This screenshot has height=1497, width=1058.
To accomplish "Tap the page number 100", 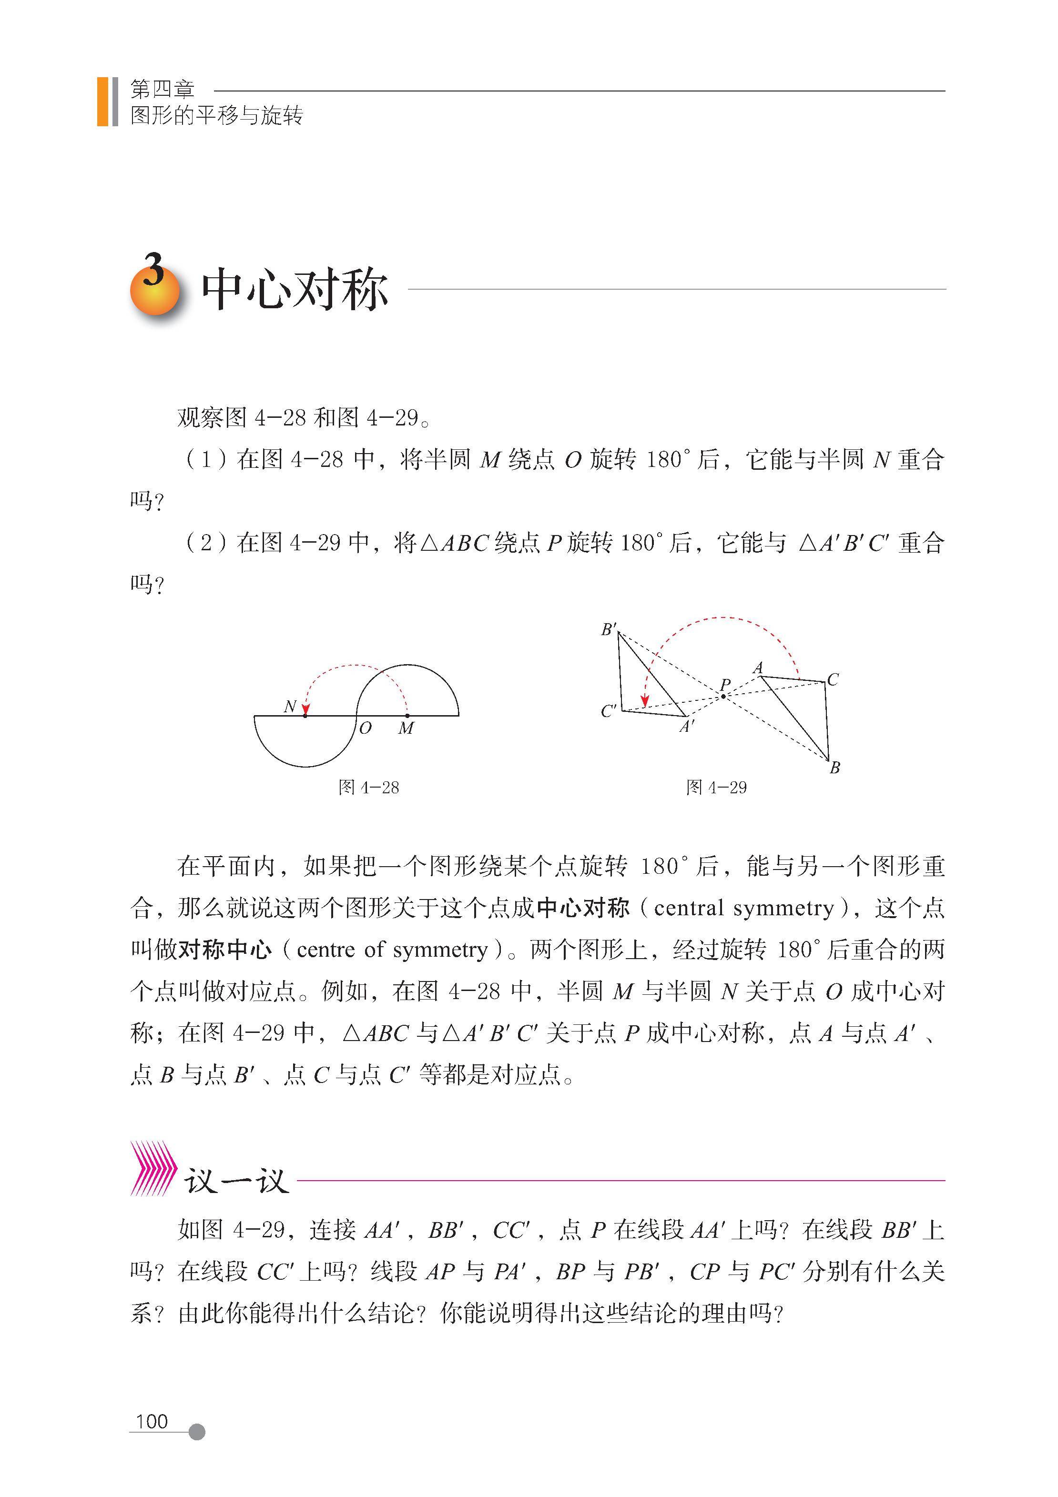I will pos(152,1421).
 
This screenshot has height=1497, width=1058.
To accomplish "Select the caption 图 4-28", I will pos(368,787).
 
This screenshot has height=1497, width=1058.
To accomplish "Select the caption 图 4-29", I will pos(716,787).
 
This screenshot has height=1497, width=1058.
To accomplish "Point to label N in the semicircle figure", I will pos(290,706).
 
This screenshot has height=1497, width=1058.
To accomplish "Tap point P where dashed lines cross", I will pos(723,697).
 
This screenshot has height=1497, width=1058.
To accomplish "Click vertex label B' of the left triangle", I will pos(609,629).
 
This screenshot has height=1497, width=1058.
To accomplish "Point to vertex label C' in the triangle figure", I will pos(609,711).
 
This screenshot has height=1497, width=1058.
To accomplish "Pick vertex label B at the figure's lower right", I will pos(834,768).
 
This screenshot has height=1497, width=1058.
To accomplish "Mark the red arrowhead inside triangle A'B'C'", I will pos(644,701).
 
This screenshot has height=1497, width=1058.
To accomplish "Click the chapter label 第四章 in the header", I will pos(162,89).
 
